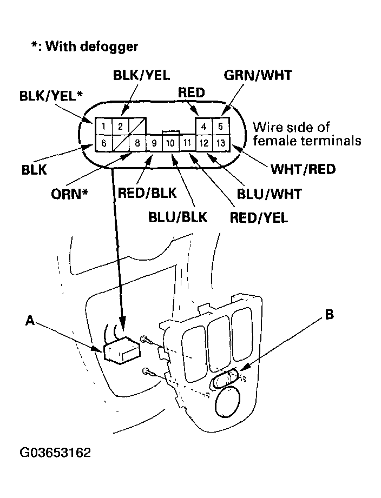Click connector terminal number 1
[x=103, y=127]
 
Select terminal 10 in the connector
[x=170, y=144]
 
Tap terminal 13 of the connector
[x=221, y=144]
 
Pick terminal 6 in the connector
[x=103, y=143]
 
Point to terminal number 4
[x=204, y=127]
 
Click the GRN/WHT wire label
[x=258, y=75]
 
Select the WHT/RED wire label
[x=303, y=169]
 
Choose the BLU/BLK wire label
[x=178, y=217]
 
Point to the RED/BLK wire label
[x=144, y=193]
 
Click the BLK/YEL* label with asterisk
[x=51, y=96]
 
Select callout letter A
[x=30, y=321]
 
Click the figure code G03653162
[x=55, y=451]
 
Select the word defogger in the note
[x=109, y=46]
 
